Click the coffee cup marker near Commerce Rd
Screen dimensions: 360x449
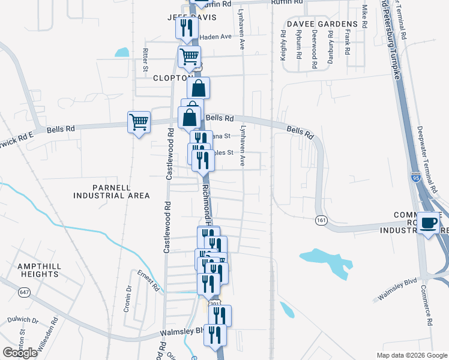tap(428, 223)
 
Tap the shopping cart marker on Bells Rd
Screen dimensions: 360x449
tap(139, 122)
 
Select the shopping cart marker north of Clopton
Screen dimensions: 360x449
tap(189, 57)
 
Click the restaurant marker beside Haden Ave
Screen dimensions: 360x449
tap(185, 28)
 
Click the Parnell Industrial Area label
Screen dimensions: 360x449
tap(111, 191)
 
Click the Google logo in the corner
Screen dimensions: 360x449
tap(20, 353)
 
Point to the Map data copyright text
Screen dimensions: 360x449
tap(412, 355)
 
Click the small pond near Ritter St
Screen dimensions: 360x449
tap(122, 52)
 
